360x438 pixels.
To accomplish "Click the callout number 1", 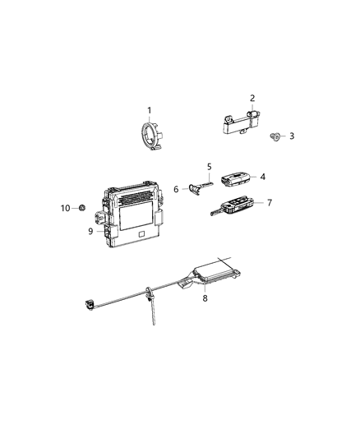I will coord(149,110).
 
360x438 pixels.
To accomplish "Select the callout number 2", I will coord(252,98).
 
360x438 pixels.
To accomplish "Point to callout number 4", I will coord(263,177).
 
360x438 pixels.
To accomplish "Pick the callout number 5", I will coord(209,167).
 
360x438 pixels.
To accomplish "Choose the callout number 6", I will coord(176,189).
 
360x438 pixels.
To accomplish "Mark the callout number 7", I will coord(270,202).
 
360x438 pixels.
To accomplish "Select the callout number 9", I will coord(91,231).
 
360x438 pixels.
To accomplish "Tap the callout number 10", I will coord(67,208).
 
